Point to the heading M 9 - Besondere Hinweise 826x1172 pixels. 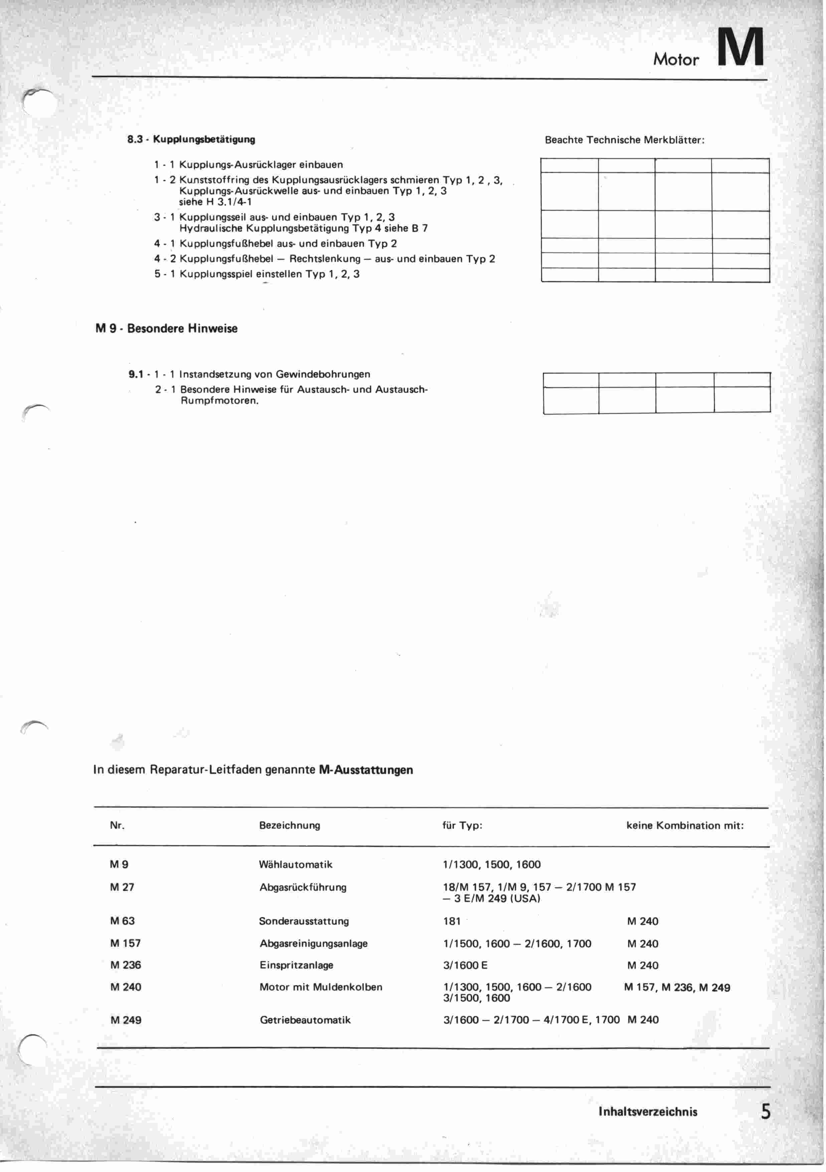point(166,328)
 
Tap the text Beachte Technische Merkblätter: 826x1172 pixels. point(625,140)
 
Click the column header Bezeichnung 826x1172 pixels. point(289,825)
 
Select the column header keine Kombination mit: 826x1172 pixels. point(685,825)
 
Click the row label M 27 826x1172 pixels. point(122,887)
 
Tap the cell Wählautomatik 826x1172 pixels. point(295,864)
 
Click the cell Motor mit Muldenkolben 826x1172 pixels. point(320,987)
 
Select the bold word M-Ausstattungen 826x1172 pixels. point(366,770)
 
